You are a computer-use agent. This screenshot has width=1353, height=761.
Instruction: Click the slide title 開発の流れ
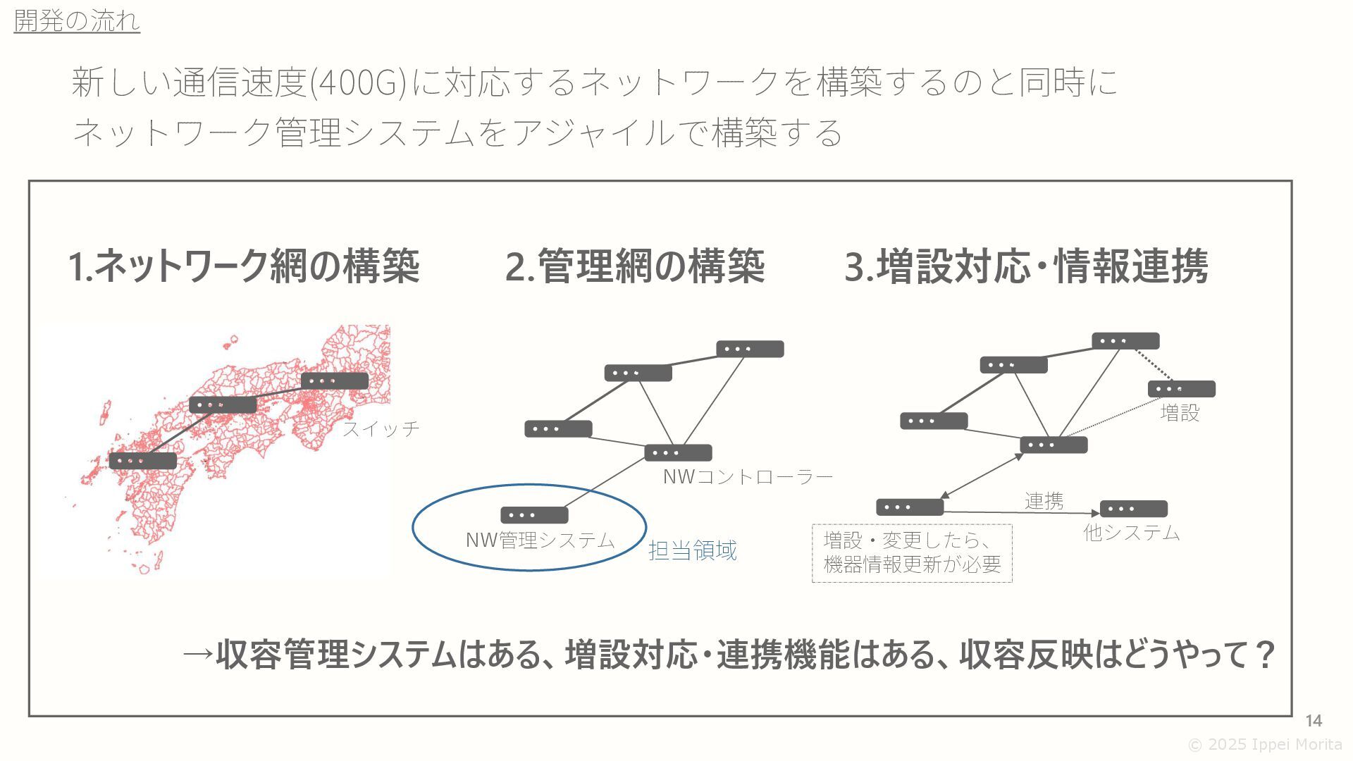[x=77, y=20]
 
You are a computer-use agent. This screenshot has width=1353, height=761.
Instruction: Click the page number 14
[x=1313, y=720]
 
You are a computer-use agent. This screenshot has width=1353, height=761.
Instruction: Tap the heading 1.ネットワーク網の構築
[x=244, y=266]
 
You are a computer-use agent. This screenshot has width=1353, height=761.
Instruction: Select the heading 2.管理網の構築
[x=635, y=266]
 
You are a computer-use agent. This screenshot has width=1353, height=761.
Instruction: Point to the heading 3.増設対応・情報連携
[x=1026, y=266]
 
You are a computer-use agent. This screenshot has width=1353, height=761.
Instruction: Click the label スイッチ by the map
[x=381, y=428]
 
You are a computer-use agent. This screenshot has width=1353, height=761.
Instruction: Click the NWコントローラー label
[x=748, y=477]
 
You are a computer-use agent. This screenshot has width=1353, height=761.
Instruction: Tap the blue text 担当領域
[x=692, y=550]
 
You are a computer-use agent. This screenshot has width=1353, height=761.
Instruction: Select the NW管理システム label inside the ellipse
[x=540, y=540]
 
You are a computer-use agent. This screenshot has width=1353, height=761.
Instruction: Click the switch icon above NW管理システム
[x=534, y=515]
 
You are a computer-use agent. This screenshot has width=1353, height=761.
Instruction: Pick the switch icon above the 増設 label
[x=1181, y=389]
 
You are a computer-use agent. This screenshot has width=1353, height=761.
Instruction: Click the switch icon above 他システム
[x=1133, y=509]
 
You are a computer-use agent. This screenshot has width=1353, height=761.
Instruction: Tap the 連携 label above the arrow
[x=1044, y=501]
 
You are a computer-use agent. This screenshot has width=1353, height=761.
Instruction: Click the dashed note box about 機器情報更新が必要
[x=912, y=553]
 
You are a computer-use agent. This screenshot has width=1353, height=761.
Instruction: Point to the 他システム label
[x=1131, y=533]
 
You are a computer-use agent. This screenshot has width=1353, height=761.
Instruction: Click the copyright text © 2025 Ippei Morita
[x=1265, y=745]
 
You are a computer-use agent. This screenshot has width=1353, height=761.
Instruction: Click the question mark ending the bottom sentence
[x=1265, y=655]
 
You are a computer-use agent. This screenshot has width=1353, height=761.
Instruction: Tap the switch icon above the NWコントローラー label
[x=678, y=453]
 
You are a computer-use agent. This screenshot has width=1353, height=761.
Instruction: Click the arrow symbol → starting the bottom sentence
[x=198, y=655]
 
